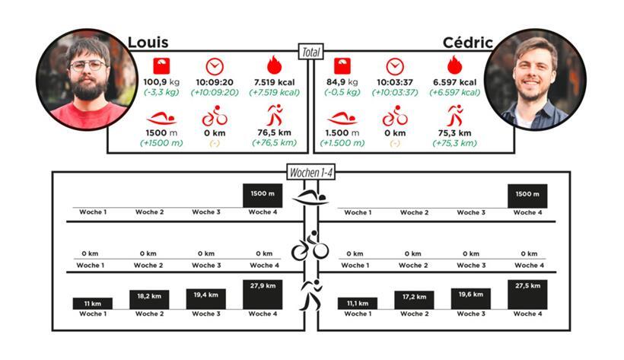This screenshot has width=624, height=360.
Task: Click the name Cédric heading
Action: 467,42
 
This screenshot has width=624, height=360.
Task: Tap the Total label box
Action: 310,53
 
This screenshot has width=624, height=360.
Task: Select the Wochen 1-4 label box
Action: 310,173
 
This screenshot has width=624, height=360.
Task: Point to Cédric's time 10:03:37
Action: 394,82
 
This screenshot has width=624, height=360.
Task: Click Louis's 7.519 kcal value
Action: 275,82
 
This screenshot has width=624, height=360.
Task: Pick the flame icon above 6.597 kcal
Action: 454,65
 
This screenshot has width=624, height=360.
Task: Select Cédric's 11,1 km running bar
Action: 353,303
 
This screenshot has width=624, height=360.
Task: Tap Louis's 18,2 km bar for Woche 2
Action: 149,299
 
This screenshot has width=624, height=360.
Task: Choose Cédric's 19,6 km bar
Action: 470,298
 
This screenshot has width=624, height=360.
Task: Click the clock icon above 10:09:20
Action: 215,65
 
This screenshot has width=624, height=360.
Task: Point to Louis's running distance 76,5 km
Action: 275,132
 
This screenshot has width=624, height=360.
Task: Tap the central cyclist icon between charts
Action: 310,248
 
